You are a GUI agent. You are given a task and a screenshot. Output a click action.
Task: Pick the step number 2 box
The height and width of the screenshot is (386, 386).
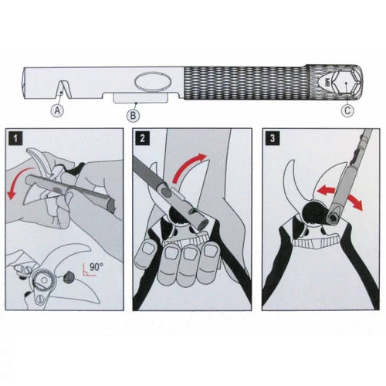point(142,140)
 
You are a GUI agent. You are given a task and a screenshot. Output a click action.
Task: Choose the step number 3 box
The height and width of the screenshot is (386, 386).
point(269,140)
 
